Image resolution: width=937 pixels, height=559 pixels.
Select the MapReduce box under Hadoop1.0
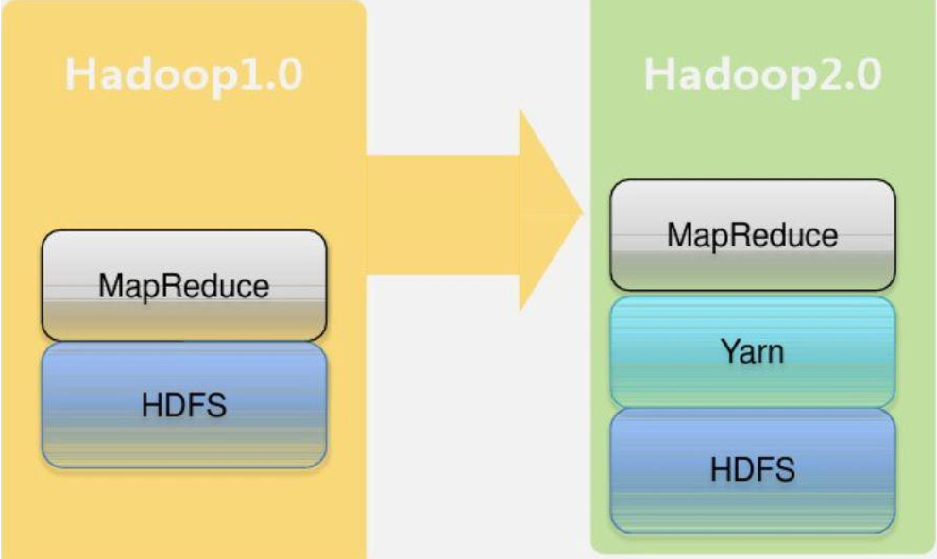tap(184, 285)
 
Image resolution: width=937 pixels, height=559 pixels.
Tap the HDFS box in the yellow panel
tap(184, 405)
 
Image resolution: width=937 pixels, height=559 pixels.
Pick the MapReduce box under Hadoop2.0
tap(753, 235)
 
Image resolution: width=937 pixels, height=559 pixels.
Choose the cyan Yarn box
tap(753, 352)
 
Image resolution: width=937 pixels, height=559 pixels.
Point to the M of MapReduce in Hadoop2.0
tap(678, 235)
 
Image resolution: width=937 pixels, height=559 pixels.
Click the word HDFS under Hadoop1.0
tap(184, 405)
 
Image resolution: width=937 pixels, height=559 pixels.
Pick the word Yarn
tap(753, 352)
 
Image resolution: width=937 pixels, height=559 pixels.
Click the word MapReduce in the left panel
tap(184, 285)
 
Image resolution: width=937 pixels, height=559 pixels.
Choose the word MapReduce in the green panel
tap(753, 235)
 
